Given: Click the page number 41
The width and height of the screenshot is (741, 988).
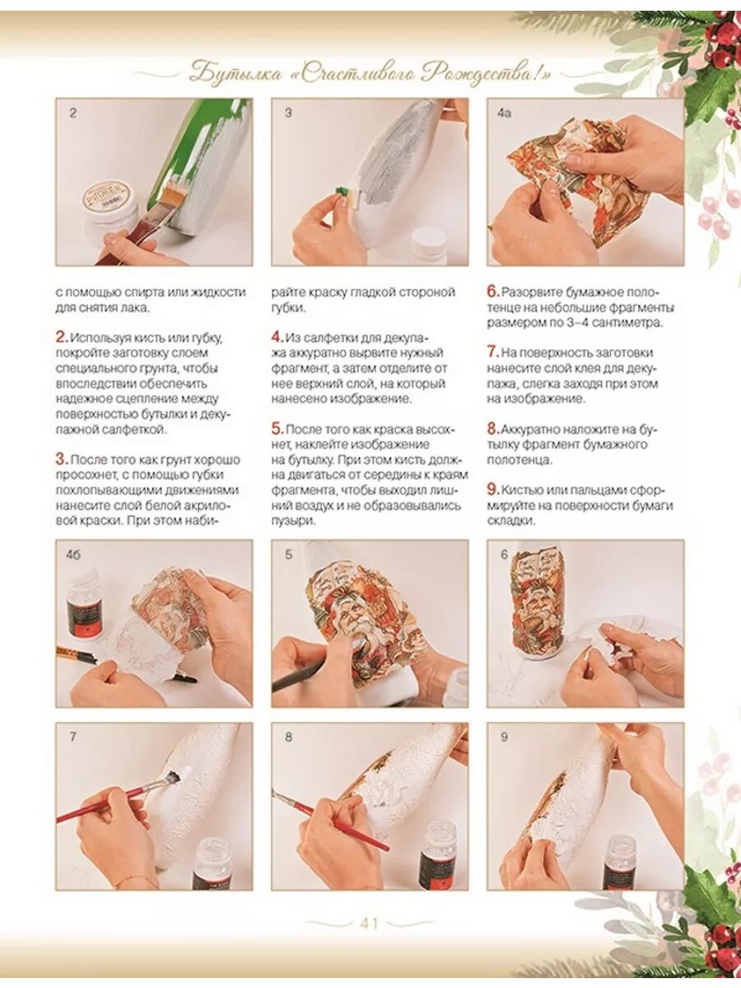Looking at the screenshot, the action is click(x=370, y=925).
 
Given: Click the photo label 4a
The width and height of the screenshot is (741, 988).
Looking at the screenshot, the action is click(x=504, y=113).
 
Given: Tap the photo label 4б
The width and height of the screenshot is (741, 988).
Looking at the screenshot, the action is click(x=73, y=555).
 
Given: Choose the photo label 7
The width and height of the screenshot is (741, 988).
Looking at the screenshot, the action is click(x=73, y=737).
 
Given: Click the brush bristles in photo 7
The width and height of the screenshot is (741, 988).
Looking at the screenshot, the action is click(x=173, y=776).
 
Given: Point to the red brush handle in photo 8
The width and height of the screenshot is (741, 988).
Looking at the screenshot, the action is click(x=343, y=824).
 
